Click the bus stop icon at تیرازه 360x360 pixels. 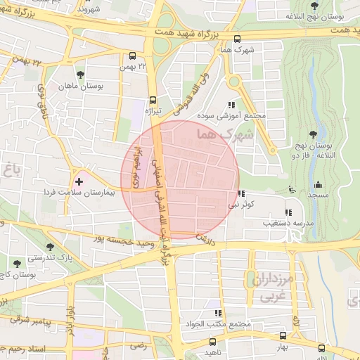click(153, 100)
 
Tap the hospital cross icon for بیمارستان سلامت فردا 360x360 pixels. click(79, 181)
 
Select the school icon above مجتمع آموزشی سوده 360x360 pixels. click(232, 105)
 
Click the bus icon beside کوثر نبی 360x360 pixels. click(242, 194)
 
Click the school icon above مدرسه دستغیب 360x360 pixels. click(287, 212)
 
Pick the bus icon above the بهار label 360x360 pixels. click(283, 336)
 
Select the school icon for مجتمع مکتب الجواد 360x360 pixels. click(218, 313)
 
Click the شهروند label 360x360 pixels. click(94, 9)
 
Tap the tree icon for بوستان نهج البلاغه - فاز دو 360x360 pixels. click(313, 135)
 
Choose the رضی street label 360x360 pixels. click(138, 345)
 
